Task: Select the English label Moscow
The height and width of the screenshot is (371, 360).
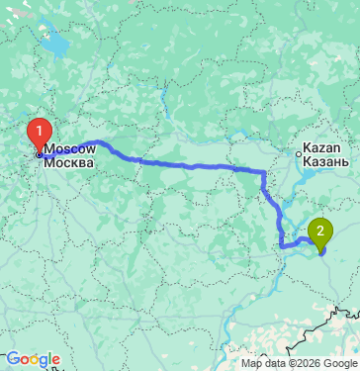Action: [69, 147]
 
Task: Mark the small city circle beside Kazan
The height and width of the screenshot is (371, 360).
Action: [303, 153]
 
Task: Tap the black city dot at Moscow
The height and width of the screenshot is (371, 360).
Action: [39, 154]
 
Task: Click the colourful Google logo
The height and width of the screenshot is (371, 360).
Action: [31, 359]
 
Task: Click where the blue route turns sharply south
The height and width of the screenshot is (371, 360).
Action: [263, 174]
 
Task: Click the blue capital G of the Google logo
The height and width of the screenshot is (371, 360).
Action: [11, 359]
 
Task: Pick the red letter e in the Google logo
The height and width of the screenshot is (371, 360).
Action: [55, 360]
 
